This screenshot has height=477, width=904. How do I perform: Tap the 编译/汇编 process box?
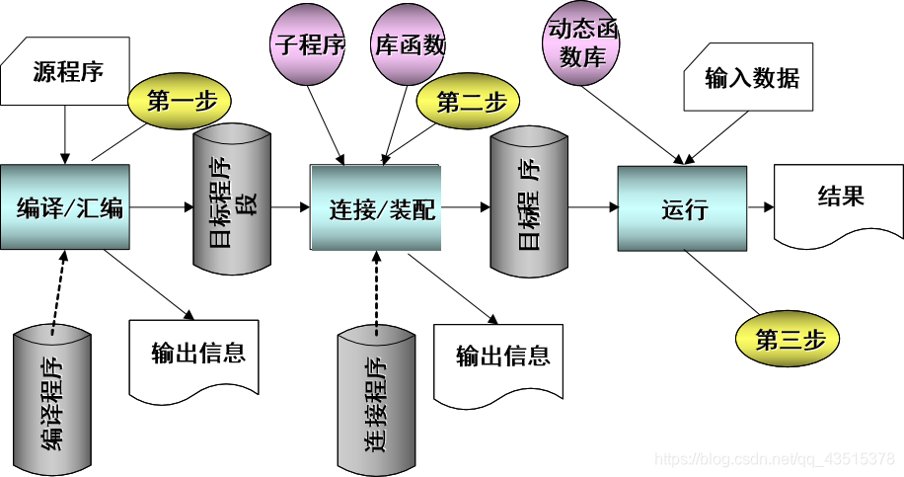pyautogui.click(x=65, y=207)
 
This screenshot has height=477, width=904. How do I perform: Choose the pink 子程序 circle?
pyautogui.click(x=307, y=46)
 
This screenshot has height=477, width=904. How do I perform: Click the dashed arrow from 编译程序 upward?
pyautogui.click(x=60, y=285)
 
